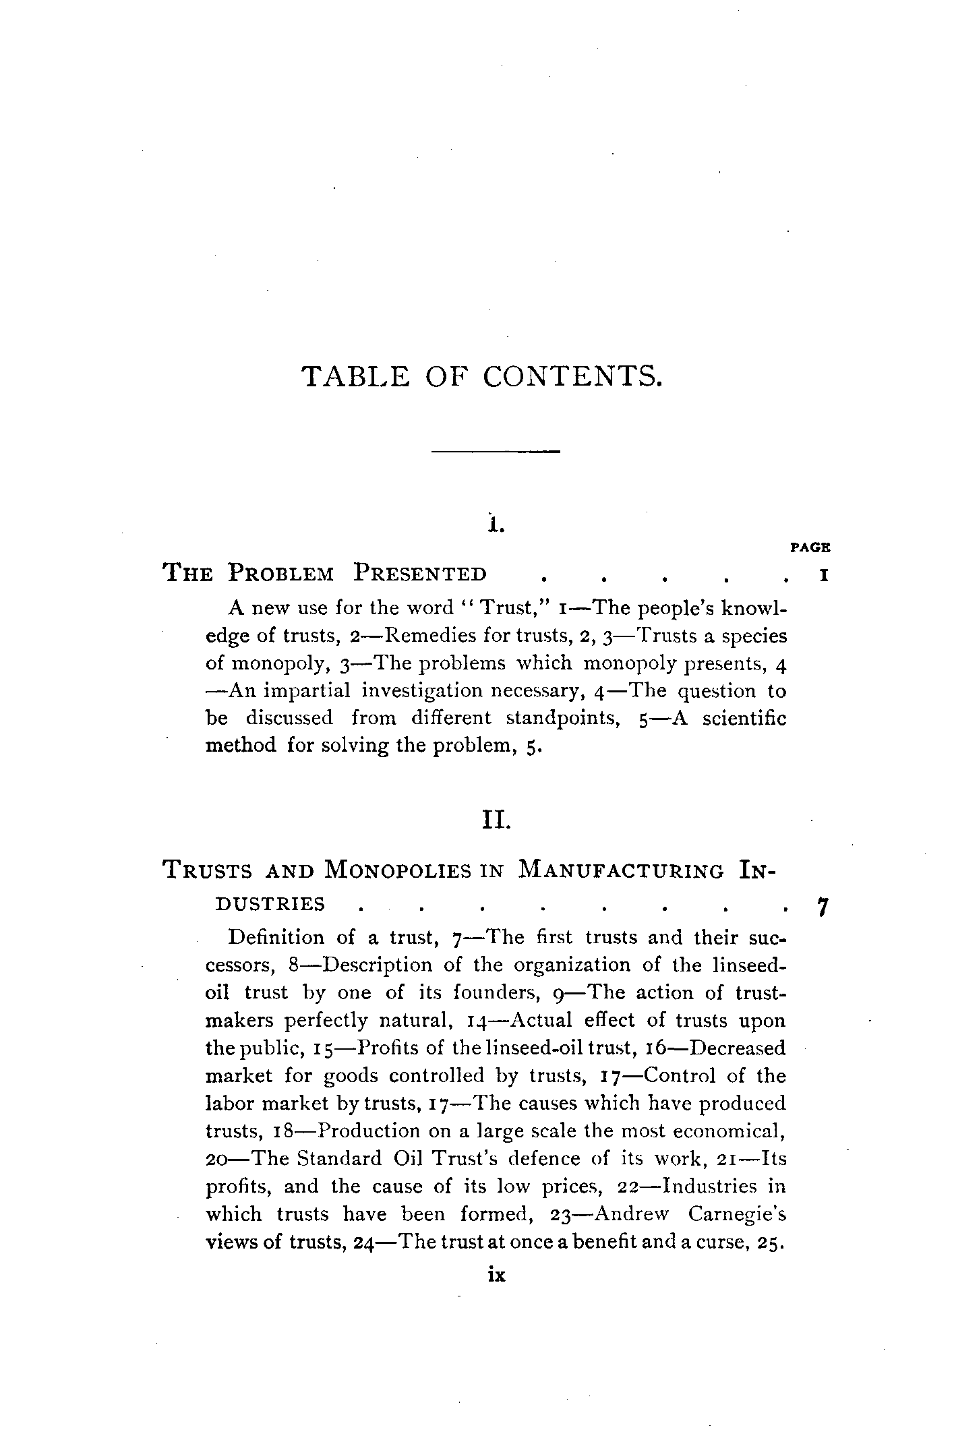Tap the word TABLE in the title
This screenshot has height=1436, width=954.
point(355,376)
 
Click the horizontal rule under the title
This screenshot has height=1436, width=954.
point(496,450)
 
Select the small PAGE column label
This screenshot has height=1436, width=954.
point(810,547)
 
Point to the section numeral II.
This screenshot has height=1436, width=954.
point(496,822)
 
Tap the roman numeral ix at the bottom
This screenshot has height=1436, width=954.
point(496,1275)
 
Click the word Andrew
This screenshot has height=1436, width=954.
point(631,1214)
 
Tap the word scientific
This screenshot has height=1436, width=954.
point(744,719)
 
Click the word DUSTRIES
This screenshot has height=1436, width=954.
point(270,904)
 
